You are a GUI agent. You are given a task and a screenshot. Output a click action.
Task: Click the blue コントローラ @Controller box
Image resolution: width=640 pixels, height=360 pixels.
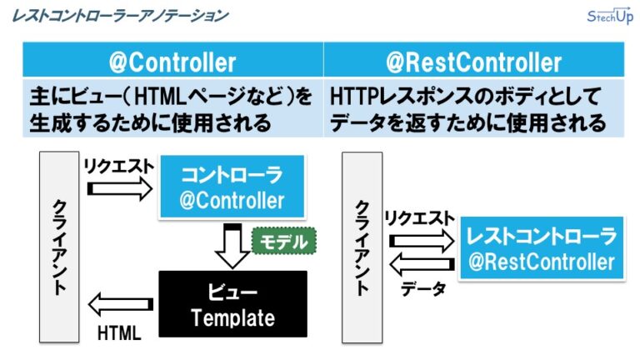232,187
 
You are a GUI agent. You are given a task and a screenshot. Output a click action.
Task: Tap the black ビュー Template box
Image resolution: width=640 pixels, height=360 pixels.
232,305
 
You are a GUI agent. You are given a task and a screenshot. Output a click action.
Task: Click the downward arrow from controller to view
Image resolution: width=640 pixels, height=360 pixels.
232,247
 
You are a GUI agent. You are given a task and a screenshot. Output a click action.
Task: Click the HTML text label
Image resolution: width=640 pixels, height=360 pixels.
119,332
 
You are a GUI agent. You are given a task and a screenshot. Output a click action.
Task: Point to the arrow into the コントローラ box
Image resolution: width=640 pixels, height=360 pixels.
119,189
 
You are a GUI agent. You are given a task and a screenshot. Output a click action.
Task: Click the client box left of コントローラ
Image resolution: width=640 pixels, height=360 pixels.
58,246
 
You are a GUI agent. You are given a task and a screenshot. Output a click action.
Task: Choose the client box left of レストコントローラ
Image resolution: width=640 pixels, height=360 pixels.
362,246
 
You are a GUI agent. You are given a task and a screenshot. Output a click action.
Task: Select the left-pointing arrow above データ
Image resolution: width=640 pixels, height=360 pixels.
422,265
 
